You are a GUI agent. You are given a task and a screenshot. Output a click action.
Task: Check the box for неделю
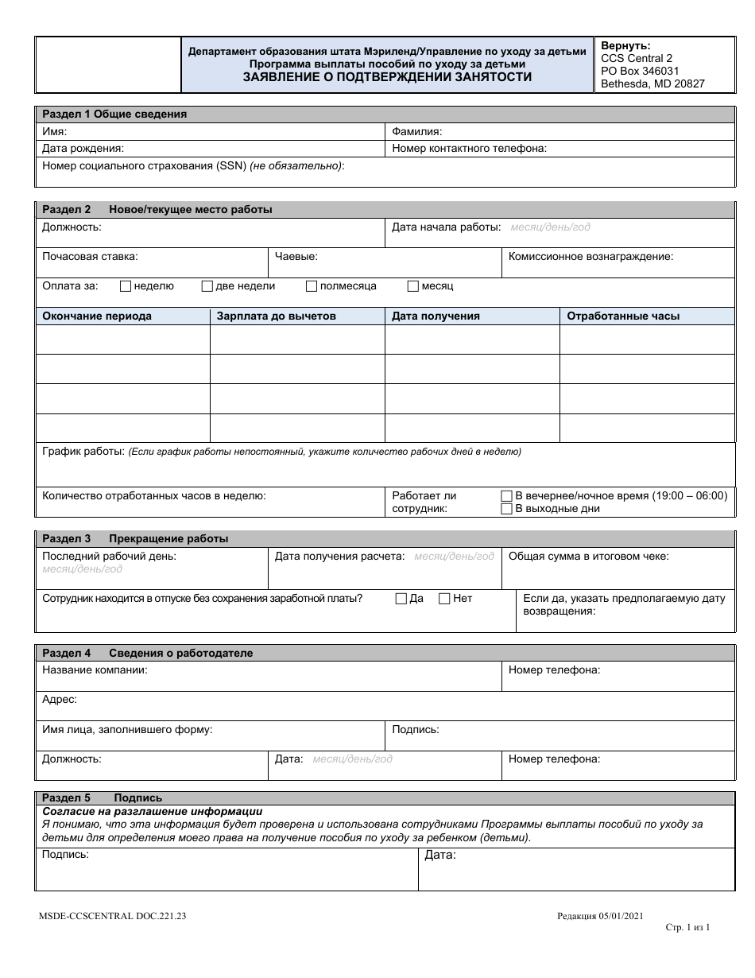pyautogui.click(x=125, y=286)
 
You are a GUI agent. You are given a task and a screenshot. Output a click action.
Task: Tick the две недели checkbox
pyautogui.click(x=207, y=286)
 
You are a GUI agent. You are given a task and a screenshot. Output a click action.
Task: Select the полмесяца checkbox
pyautogui.click(x=312, y=286)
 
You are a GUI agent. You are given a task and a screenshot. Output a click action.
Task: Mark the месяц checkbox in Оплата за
pyautogui.click(x=412, y=286)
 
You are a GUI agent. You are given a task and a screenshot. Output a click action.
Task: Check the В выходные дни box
pyautogui.click(x=506, y=509)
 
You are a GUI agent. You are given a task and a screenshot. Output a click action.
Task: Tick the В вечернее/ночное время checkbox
pyautogui.click(x=506, y=495)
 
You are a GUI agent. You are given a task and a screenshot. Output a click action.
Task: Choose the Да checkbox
pyautogui.click(x=401, y=599)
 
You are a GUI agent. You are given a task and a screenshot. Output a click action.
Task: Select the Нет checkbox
pyautogui.click(x=444, y=599)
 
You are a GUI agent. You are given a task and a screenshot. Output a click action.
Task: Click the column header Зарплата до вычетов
pyautogui.click(x=276, y=316)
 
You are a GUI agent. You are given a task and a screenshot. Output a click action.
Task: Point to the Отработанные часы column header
pyautogui.click(x=622, y=316)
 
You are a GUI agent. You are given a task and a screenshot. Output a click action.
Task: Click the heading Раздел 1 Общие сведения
pyautogui.click(x=114, y=114)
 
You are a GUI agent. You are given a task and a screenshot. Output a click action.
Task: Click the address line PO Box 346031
pyautogui.click(x=640, y=71)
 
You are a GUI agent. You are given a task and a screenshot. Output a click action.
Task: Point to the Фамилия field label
pyautogui.click(x=417, y=131)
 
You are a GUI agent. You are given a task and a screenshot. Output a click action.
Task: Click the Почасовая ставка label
pyautogui.click(x=90, y=256)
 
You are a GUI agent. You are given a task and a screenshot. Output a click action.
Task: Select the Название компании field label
pyautogui.click(x=95, y=670)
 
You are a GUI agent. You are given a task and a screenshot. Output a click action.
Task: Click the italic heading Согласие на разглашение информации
pyautogui.click(x=152, y=812)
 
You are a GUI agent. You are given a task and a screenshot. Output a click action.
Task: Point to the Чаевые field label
pyautogui.click(x=296, y=256)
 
